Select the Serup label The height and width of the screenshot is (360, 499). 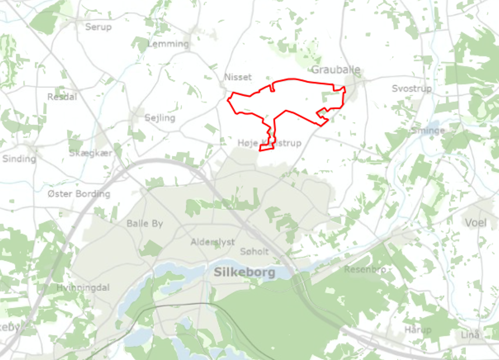(98, 27)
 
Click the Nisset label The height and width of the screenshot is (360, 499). (238, 77)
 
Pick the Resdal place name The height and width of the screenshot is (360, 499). (62, 97)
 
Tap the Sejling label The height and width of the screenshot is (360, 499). (160, 118)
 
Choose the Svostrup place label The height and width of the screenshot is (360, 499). (412, 89)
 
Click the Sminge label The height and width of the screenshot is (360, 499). (428, 130)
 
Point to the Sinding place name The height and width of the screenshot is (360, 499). (19, 158)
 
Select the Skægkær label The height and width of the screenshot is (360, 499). (90, 153)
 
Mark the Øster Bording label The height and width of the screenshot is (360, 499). (79, 193)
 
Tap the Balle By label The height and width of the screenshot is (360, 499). (145, 223)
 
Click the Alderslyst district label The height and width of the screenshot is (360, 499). (213, 242)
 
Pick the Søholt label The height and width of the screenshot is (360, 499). (254, 252)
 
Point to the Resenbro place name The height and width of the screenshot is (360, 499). (366, 270)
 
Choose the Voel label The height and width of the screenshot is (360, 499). (476, 223)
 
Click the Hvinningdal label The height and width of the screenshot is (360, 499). (83, 288)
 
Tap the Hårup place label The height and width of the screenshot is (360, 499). (418, 330)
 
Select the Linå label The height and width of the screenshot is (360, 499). (470, 334)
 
